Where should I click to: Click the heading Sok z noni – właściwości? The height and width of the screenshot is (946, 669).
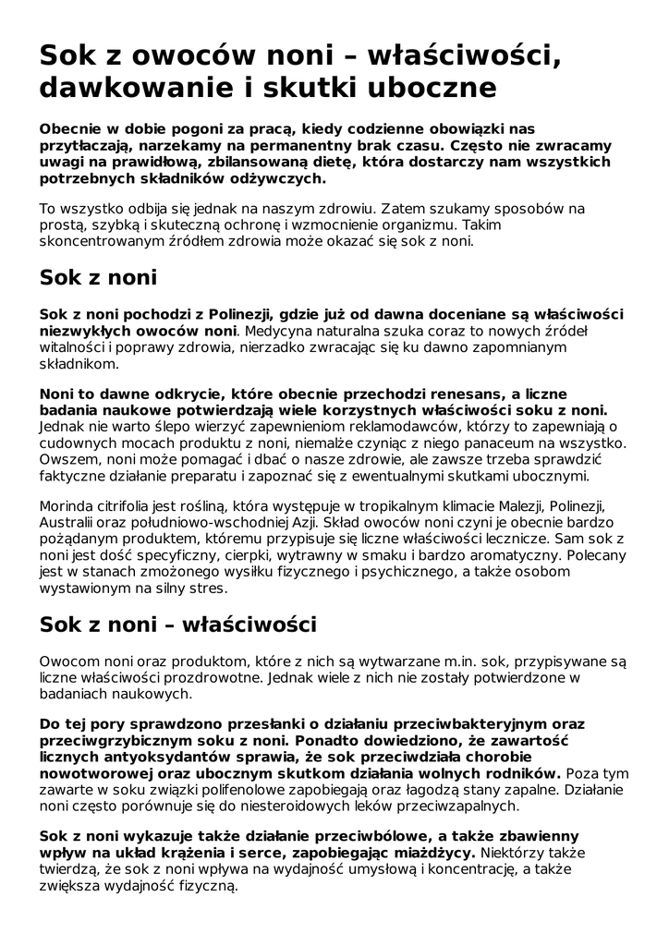177,625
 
